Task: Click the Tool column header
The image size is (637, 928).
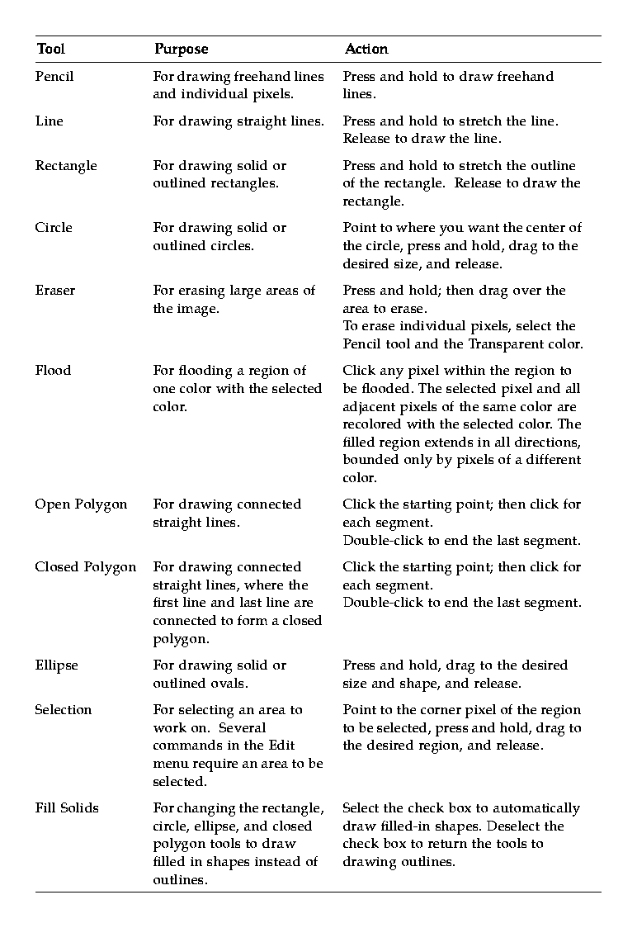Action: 50,50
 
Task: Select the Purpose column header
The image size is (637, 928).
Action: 181,50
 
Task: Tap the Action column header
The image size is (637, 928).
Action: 366,50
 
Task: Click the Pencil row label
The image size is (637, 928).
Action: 54,77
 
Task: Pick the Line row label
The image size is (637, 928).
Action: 49,121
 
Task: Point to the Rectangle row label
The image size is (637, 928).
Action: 66,166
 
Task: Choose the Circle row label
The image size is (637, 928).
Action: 54,228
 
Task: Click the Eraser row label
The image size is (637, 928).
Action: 54,291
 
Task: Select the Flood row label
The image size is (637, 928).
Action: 53,371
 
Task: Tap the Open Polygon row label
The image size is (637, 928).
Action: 81,504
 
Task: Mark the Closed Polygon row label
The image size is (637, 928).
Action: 85,567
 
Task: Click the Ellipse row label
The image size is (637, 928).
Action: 56,665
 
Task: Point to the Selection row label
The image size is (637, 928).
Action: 64,710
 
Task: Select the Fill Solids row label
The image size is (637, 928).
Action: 67,808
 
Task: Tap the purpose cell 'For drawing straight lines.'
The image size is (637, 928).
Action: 238,121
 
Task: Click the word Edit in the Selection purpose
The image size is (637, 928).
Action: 281,746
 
